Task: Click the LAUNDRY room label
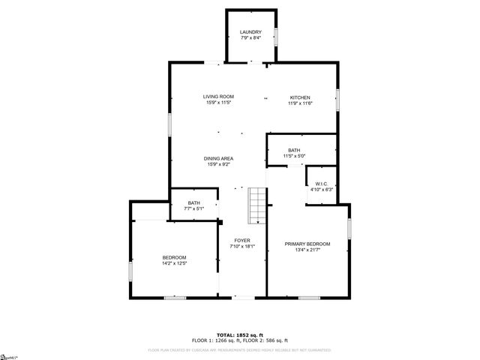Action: click(x=250, y=32)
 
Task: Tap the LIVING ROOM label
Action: click(x=219, y=97)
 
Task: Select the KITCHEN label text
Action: click(x=301, y=97)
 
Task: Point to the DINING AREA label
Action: click(x=219, y=158)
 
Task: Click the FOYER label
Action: click(x=241, y=241)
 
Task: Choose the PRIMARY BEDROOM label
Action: click(x=307, y=244)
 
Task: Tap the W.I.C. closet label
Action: click(x=321, y=184)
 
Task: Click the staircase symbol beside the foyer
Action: click(x=257, y=205)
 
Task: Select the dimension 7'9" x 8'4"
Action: click(x=250, y=38)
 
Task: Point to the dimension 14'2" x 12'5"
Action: click(x=174, y=263)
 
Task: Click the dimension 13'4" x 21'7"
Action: click(x=307, y=250)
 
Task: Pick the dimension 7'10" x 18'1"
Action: click(x=241, y=247)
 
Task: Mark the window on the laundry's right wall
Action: click(x=277, y=37)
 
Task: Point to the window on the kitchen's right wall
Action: click(x=337, y=99)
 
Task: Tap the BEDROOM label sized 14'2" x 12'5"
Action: click(x=174, y=257)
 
